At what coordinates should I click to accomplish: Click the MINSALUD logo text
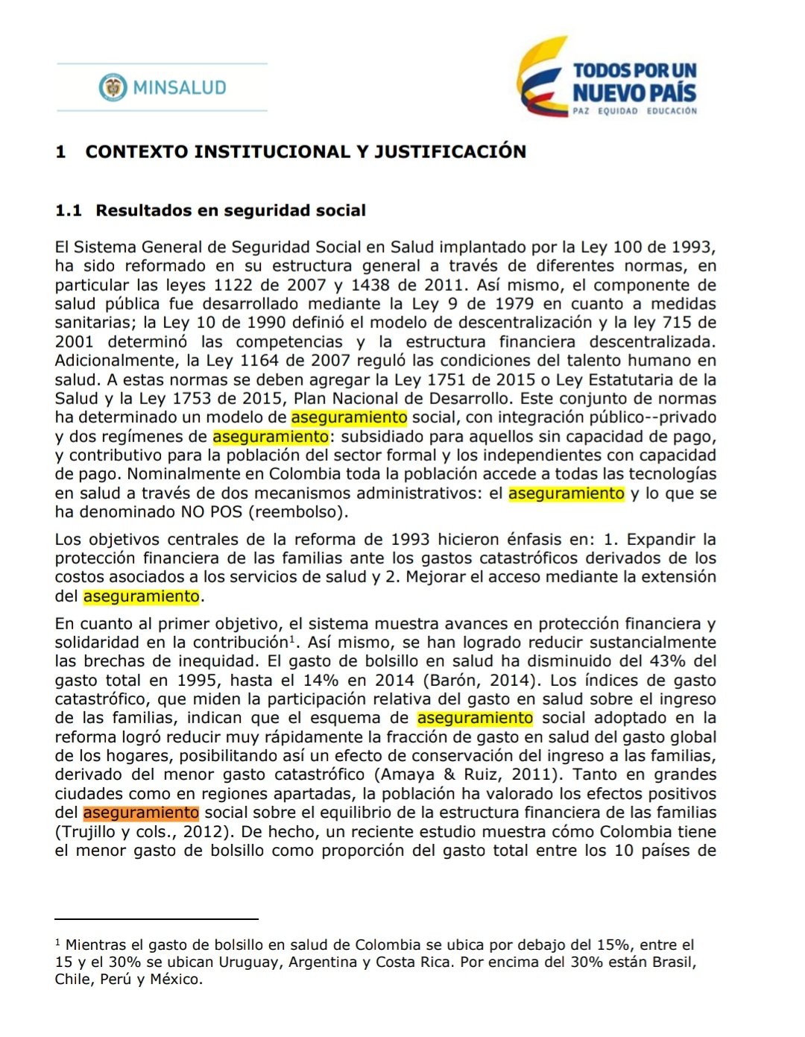(x=179, y=87)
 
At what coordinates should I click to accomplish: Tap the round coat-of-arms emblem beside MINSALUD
(x=113, y=87)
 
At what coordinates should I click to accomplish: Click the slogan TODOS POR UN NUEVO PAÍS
(x=634, y=82)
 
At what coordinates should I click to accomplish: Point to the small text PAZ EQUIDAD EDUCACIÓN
(x=634, y=111)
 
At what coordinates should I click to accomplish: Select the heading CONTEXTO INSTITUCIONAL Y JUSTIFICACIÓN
(x=306, y=151)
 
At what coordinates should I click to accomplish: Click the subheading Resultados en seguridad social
(x=230, y=210)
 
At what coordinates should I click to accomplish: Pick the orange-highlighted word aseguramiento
(x=141, y=813)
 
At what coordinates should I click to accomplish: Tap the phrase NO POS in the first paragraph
(x=207, y=512)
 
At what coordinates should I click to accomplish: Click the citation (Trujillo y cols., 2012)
(x=141, y=832)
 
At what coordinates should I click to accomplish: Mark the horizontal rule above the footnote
(x=157, y=920)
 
